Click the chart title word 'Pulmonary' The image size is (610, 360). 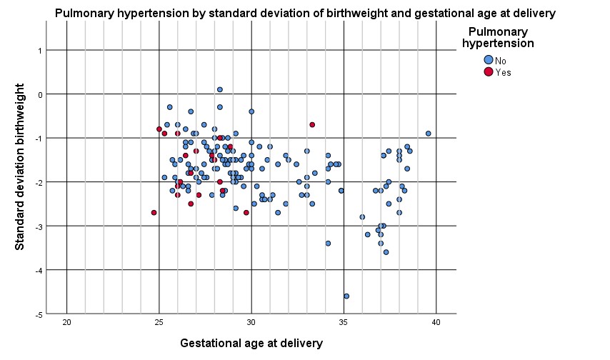(79, 14)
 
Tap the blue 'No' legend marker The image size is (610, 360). (489, 60)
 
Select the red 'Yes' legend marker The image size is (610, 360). (489, 71)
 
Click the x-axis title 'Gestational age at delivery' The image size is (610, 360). (251, 344)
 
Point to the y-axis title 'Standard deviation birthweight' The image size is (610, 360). (19, 166)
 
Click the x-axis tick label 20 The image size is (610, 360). (67, 323)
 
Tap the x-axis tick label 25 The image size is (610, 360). (159, 323)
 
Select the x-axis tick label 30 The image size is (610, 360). (251, 323)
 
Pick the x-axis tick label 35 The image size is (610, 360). (344, 323)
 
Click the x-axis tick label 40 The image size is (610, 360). (436, 323)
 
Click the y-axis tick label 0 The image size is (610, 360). (40, 94)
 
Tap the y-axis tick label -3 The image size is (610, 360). (39, 226)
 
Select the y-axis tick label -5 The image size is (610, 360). (39, 315)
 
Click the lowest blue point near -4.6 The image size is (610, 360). (346, 296)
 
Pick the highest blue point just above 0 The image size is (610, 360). (220, 89)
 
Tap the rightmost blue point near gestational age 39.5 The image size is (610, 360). (429, 134)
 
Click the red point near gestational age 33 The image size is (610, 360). (312, 124)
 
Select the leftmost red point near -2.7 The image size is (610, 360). (154, 212)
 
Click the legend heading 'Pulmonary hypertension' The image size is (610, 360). (498, 37)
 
